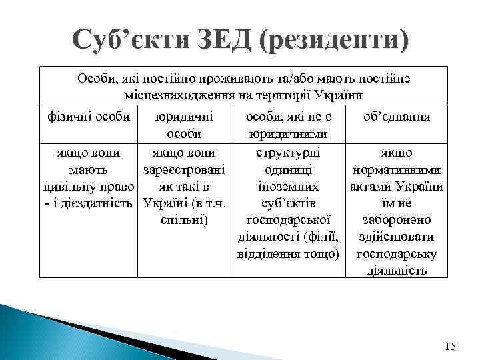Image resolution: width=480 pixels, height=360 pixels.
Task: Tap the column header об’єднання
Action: click(x=397, y=116)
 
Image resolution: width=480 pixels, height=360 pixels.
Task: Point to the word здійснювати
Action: click(x=397, y=237)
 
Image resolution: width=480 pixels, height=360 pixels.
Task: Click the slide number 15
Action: click(x=450, y=345)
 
